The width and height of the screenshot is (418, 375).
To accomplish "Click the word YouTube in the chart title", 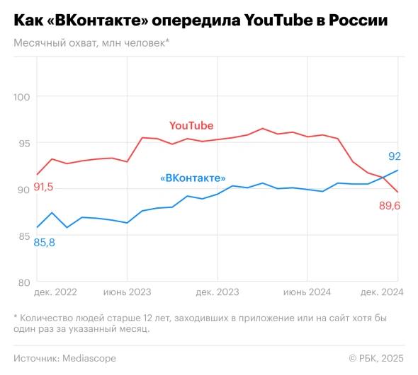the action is (278, 21).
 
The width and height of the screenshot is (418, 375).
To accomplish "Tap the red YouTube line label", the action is (191, 126).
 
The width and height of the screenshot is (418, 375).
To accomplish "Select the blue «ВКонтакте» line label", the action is (193, 178).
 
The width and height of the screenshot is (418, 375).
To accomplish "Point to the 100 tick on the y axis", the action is (21, 97).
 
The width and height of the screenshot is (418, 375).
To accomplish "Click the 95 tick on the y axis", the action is (24, 144).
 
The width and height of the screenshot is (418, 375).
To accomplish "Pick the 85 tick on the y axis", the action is (24, 236).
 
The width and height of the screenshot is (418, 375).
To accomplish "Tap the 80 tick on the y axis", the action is (24, 282).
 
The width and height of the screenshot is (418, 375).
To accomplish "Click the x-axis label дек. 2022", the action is (55, 292).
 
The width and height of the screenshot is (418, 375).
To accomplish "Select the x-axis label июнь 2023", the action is (127, 292).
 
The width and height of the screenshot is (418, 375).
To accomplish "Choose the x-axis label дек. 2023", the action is (218, 292).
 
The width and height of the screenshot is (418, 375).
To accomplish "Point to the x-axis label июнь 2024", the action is (307, 292).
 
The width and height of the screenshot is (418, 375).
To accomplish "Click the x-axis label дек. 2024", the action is (382, 292).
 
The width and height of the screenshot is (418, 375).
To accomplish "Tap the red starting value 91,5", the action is (43, 187).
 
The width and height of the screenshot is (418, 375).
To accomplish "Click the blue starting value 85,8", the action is (44, 243).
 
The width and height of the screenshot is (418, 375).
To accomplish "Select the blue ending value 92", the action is (395, 156).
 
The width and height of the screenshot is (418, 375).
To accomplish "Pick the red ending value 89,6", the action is (390, 206).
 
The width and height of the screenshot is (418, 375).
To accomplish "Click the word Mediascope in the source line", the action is (89, 358).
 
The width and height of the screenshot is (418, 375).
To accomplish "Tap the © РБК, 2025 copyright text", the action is (376, 358).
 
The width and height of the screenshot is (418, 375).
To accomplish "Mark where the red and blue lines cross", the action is (384, 178).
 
